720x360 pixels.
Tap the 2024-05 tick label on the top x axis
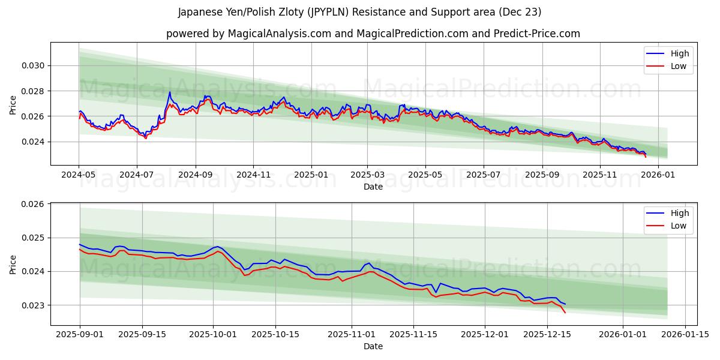79,175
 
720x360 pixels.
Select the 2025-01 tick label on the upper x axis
311,175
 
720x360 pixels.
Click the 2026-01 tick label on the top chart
658,175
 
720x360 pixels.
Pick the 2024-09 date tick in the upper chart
195,175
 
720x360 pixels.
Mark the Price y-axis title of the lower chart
13,264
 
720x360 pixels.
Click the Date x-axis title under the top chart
373,187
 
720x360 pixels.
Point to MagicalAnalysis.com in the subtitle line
279,34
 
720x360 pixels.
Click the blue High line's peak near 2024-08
169,92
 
